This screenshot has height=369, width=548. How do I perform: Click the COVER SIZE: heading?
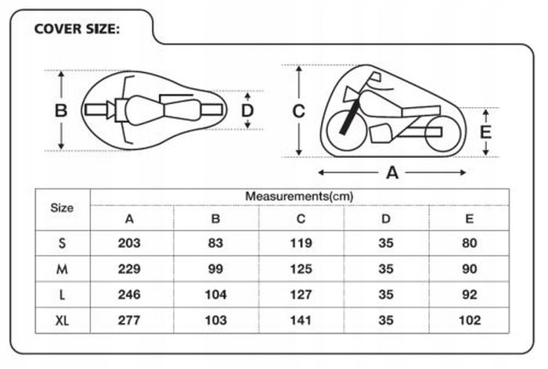77,30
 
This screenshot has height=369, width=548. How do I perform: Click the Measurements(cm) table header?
299,195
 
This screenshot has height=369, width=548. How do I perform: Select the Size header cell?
62,208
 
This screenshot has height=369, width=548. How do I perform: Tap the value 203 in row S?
130,243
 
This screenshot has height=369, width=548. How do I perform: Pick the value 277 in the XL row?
130,321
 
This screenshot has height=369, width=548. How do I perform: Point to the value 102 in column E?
469,321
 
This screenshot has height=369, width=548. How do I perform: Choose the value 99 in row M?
215,269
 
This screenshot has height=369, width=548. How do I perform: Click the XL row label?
62,321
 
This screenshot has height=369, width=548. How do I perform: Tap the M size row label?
62,269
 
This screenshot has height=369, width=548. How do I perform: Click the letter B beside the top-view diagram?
60,111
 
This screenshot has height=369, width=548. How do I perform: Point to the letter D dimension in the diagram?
247,110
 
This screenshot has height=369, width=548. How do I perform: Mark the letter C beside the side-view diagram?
298,111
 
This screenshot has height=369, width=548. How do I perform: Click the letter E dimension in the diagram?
485,131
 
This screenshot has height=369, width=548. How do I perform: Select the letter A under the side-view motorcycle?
392,173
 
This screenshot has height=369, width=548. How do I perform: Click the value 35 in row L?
384,295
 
